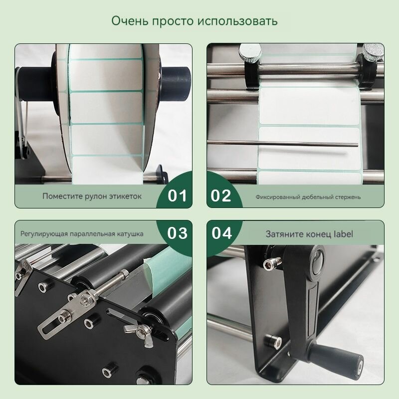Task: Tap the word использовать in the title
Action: (x=237, y=21)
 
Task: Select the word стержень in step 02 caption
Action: (x=348, y=197)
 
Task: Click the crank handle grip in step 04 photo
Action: (x=336, y=358)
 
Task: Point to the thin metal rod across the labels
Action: (x=282, y=143)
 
